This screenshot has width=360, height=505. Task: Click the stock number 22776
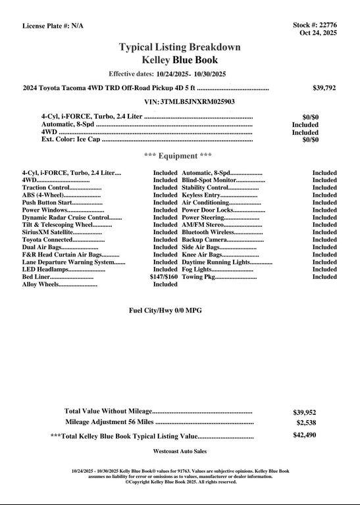[x=326, y=25]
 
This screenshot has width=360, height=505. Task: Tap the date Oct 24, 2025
[x=318, y=33]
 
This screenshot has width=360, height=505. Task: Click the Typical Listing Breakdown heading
[x=180, y=47]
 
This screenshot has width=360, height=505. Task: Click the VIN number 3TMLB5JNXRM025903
[x=197, y=102]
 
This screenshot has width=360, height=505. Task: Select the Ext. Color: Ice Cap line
[x=70, y=139]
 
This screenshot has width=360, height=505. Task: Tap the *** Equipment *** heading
[x=178, y=156]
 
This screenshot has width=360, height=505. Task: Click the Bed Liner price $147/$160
[x=164, y=277]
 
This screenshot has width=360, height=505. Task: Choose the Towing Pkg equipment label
[x=198, y=277]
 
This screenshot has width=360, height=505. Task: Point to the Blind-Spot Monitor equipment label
[x=209, y=180]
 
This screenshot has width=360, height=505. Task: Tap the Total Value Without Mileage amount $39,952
[x=304, y=412]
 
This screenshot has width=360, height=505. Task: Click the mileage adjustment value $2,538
[x=306, y=423]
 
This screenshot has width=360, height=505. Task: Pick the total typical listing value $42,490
[x=304, y=435]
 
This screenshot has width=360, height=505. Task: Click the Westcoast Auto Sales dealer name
[x=180, y=452]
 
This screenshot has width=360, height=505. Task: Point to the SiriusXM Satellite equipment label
[x=47, y=232]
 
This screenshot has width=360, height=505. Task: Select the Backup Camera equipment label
[x=204, y=240]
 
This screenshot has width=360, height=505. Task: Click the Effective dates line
[x=167, y=74]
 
